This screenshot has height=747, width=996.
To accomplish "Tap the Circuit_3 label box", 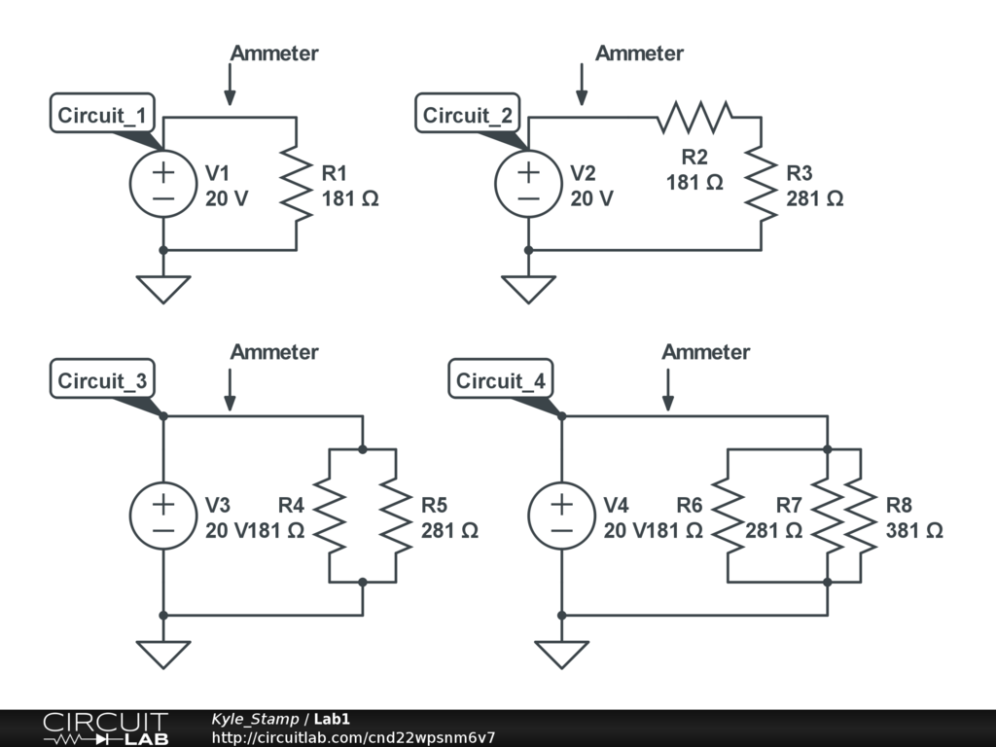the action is tap(102, 379).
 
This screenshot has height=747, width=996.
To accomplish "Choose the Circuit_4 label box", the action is tap(501, 379).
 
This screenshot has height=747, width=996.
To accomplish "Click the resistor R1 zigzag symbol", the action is tap(297, 184).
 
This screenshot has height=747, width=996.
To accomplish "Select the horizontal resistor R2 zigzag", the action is tap(694, 117).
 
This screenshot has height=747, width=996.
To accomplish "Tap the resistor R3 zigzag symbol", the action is tap(761, 184).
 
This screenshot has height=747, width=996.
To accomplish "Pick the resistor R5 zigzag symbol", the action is tap(396, 516).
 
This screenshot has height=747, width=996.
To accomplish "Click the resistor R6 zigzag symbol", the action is tap(728, 516).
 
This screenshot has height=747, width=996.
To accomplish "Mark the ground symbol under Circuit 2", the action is tap(528, 290).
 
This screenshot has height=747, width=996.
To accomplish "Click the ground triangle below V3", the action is tap(163, 655).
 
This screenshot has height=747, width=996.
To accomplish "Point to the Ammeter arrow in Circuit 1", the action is tap(230, 84).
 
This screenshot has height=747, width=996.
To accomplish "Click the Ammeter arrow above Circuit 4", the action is tap(667, 389).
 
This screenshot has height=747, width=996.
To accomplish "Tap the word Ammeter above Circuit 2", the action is tap(639, 53).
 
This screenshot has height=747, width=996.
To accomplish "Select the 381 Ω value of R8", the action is tap(914, 530).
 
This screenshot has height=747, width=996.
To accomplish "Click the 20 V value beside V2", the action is tap(591, 198).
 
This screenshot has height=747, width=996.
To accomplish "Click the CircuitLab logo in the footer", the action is tap(105, 729).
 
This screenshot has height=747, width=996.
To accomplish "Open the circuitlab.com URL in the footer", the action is tap(353, 737).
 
